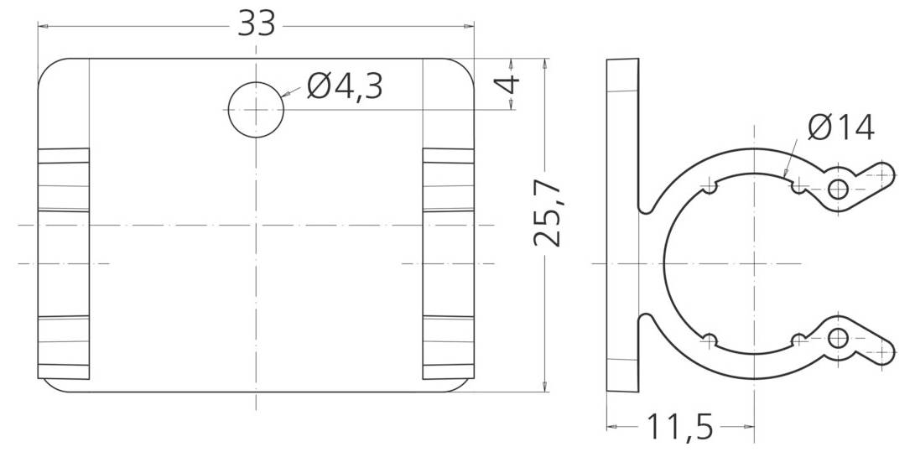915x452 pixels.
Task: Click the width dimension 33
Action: (x=256, y=23)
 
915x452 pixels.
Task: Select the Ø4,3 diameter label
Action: (x=345, y=86)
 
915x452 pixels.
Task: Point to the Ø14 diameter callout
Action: (x=840, y=127)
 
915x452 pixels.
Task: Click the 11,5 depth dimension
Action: (x=678, y=428)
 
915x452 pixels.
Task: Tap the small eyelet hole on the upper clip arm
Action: (x=837, y=189)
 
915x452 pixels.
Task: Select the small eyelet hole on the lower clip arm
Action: (x=837, y=338)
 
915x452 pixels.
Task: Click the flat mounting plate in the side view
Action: (x=622, y=224)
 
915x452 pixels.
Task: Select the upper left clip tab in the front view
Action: (x=64, y=179)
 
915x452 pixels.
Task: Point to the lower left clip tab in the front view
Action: (x=64, y=347)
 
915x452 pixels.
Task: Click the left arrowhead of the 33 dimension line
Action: (x=42, y=26)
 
